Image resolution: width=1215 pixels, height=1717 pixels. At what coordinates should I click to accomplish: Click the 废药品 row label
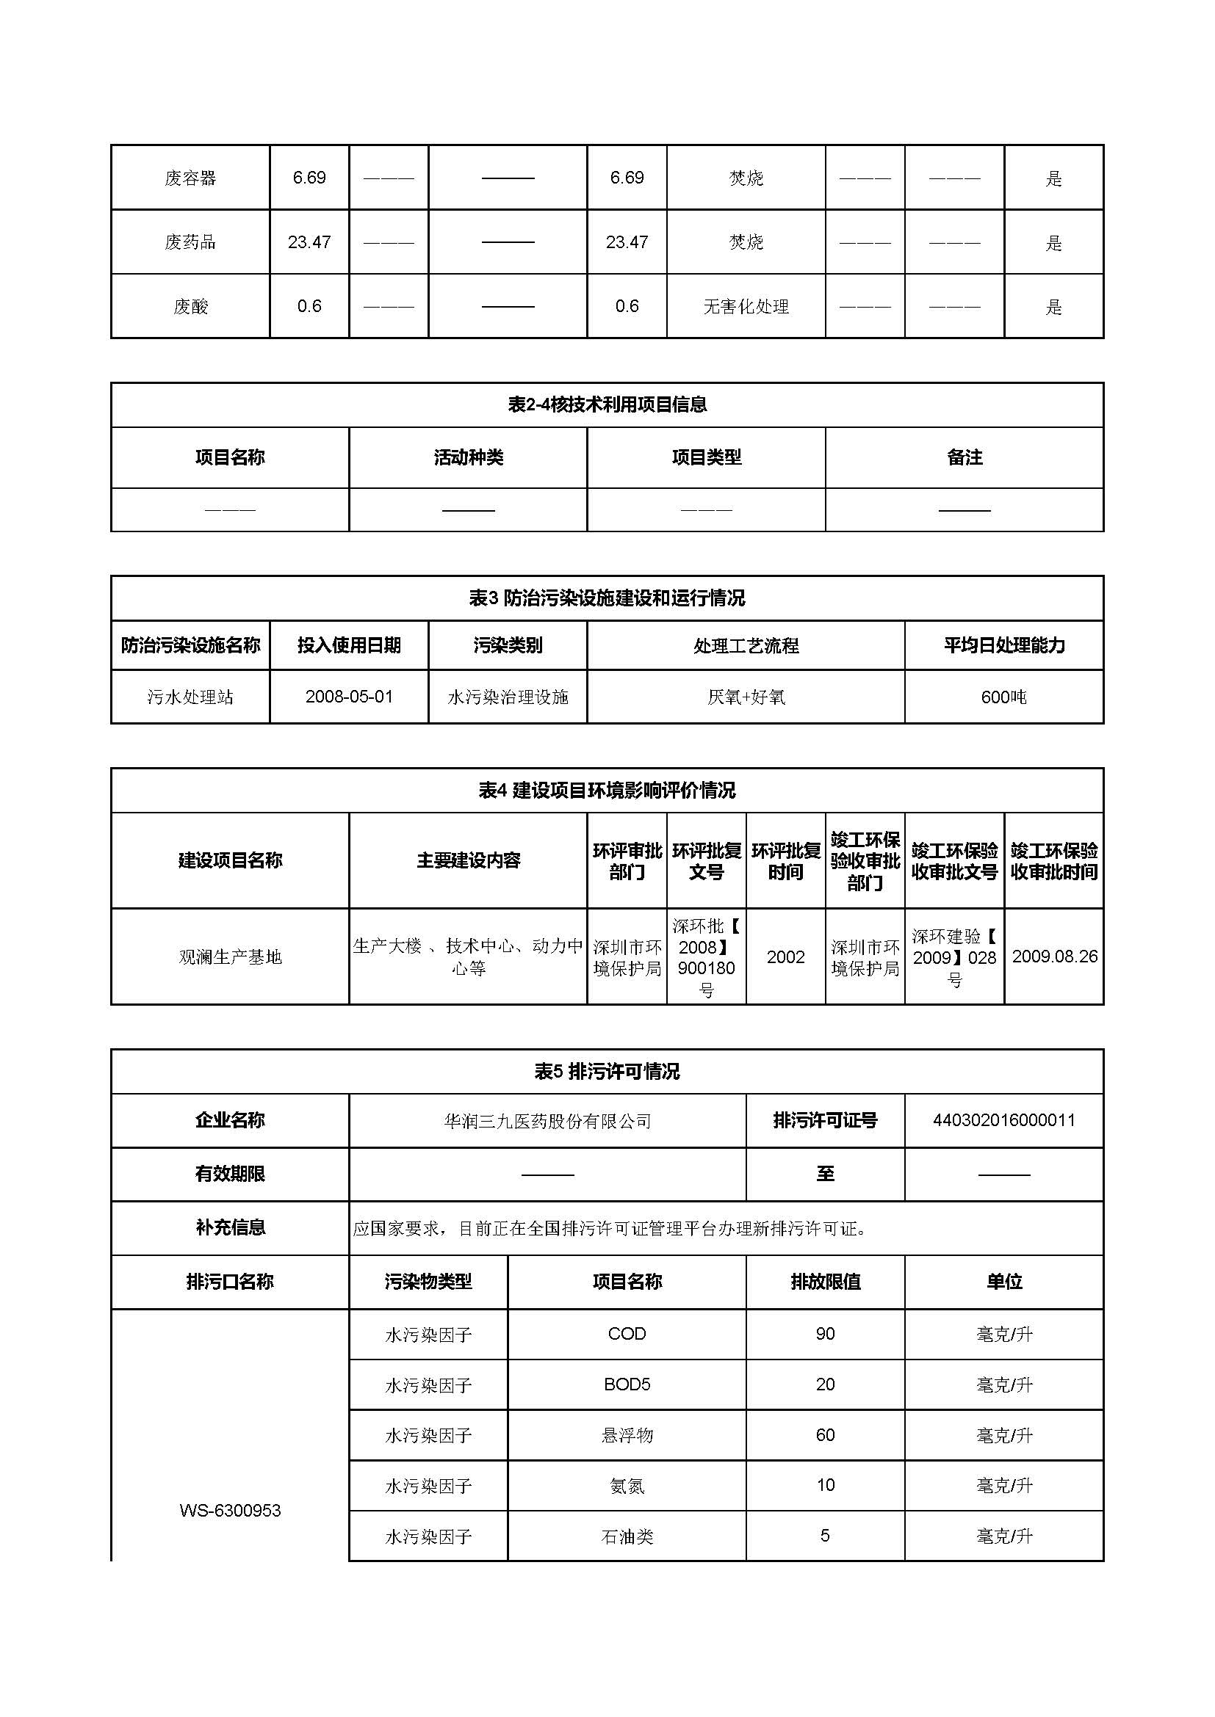pyautogui.click(x=190, y=242)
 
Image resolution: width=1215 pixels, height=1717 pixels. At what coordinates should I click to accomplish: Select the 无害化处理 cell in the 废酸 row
pyautogui.click(x=746, y=307)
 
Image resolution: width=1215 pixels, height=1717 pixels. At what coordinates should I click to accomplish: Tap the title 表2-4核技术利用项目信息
pyautogui.click(x=607, y=404)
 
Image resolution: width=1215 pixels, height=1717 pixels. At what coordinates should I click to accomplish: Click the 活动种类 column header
pyautogui.click(x=469, y=457)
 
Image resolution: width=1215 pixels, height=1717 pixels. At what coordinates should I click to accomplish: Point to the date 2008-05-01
pyautogui.click(x=349, y=697)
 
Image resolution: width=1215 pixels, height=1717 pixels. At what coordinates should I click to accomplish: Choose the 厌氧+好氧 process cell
pyautogui.click(x=746, y=697)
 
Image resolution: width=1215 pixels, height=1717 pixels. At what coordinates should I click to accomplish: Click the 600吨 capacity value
pyautogui.click(x=1003, y=697)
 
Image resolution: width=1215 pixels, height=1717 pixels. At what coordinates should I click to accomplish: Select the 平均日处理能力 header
pyautogui.click(x=1003, y=645)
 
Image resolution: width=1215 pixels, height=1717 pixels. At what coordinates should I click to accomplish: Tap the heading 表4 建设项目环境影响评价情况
pyautogui.click(x=607, y=791)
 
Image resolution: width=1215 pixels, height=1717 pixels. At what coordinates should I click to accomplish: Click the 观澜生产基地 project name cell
pyautogui.click(x=230, y=956)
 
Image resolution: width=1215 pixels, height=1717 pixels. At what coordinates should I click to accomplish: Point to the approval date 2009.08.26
pyautogui.click(x=1054, y=956)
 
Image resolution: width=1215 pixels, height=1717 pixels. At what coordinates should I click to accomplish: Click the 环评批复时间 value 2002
pyautogui.click(x=785, y=956)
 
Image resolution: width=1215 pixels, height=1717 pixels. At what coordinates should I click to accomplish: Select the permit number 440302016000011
pyautogui.click(x=1003, y=1120)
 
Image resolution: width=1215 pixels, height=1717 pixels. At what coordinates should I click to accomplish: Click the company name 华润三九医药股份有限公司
pyautogui.click(x=547, y=1121)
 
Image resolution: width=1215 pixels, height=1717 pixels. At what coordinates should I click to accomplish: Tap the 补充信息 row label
pyautogui.click(x=230, y=1227)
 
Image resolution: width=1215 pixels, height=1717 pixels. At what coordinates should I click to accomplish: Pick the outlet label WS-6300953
pyautogui.click(x=230, y=1510)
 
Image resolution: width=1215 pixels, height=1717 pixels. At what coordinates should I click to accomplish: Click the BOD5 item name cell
pyautogui.click(x=627, y=1384)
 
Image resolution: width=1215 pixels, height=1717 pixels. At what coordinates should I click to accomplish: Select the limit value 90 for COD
pyautogui.click(x=825, y=1333)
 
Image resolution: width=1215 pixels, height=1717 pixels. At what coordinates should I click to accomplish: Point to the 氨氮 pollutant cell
pyautogui.click(x=627, y=1485)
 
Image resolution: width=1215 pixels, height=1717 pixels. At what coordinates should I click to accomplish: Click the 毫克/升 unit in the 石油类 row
pyautogui.click(x=1003, y=1536)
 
